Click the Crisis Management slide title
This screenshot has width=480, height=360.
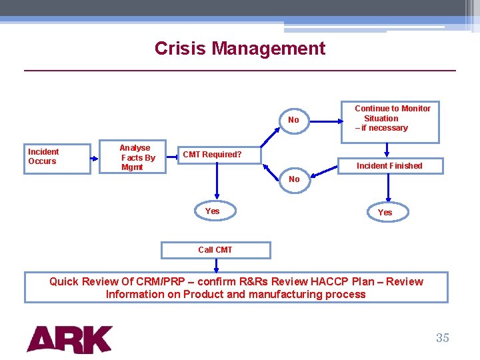click(240, 49)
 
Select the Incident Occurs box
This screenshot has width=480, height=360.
click(58, 159)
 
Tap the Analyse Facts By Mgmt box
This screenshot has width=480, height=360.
click(137, 158)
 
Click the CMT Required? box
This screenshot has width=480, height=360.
click(218, 155)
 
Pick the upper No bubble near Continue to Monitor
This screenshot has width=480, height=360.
click(293, 121)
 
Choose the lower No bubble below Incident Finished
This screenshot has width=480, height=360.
click(293, 179)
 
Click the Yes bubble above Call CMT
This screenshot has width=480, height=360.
click(212, 211)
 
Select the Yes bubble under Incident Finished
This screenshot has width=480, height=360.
click(385, 213)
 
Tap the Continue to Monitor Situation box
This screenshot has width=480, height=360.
click(391, 120)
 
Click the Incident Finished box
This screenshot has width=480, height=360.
click(390, 165)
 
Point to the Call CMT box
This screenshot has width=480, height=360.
click(216, 250)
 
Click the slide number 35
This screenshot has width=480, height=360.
click(443, 338)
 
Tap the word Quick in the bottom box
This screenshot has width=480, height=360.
click(64, 281)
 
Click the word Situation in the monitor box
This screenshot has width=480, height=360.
click(381, 118)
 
